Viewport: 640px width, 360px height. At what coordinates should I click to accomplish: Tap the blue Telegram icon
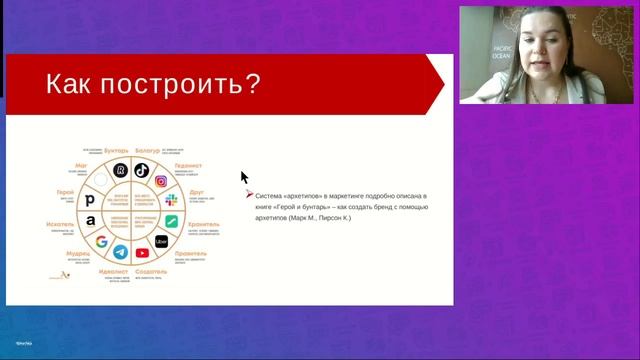click(x=120, y=253)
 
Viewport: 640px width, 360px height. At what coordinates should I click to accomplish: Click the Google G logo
click(x=102, y=241)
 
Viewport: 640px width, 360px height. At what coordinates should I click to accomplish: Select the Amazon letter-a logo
click(x=91, y=220)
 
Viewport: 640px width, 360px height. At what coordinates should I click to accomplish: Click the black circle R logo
click(x=120, y=171)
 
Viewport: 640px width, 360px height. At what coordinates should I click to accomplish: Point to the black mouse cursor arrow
click(x=243, y=177)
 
